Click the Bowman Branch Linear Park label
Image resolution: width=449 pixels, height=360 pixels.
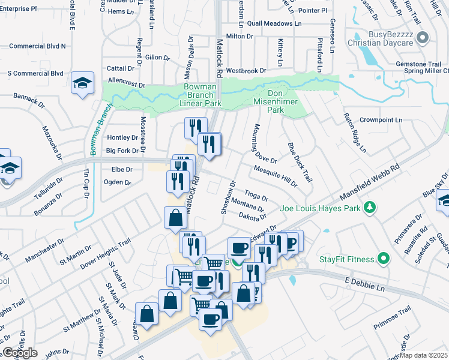click(x=203, y=95)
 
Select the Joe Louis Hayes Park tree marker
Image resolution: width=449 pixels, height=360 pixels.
click(x=371, y=208)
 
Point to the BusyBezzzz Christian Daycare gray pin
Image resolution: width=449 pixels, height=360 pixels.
click(x=423, y=38)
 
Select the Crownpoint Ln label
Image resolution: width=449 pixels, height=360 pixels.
click(x=381, y=120)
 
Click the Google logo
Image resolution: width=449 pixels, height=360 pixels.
click(x=20, y=353)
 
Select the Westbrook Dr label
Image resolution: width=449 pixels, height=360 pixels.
click(x=246, y=71)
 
